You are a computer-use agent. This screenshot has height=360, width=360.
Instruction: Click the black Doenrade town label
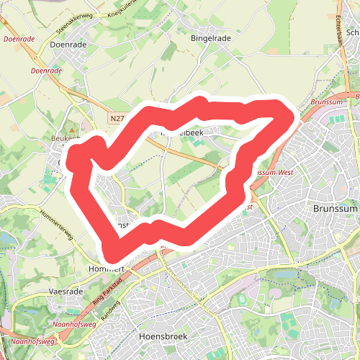pyautogui.click(x=69, y=44)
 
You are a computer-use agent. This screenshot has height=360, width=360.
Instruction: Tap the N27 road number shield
pyautogui.click(x=119, y=117)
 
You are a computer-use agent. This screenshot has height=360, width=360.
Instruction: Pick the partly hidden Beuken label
pyautogui.click(x=65, y=138)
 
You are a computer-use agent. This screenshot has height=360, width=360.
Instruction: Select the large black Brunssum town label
pyautogui.click(x=336, y=208)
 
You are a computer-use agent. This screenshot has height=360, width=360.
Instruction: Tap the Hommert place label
pyautogui.click(x=107, y=269)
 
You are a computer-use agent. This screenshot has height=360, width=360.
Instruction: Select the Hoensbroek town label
pyautogui.click(x=162, y=336)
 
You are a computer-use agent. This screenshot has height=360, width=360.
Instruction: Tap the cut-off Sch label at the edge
pyautogui.click(x=352, y=32)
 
